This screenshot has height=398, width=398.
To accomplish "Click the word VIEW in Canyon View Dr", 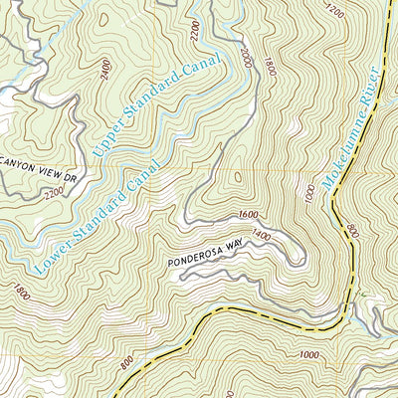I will point(51,172).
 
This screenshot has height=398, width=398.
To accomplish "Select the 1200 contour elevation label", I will point(334,12).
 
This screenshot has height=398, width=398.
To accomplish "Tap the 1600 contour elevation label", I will point(248,216).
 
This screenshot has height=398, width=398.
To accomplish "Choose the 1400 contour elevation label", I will point(261,235).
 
